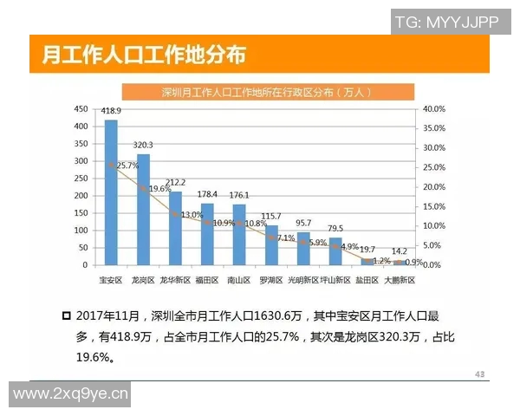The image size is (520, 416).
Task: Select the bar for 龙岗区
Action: point(143,209)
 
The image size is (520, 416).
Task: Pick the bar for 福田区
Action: point(207,234)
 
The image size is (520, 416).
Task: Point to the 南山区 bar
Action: point(239,234)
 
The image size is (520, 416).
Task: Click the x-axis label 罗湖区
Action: point(271,280)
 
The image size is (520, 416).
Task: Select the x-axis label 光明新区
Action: point(303,280)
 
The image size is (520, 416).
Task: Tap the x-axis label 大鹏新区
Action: point(399,280)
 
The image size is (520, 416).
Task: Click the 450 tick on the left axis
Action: point(81,109)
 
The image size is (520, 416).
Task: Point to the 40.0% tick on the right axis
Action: point(433,109)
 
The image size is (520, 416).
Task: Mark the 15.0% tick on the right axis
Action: point(433,206)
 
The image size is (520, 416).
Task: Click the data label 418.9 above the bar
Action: point(111,112)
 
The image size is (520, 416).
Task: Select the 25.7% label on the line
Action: point(127,166)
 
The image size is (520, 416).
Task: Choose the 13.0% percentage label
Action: point(192,214)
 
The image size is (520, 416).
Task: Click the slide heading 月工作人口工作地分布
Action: point(144,55)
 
